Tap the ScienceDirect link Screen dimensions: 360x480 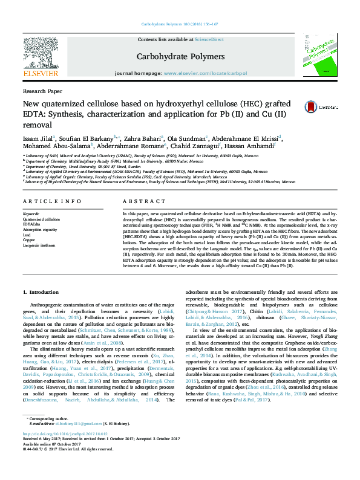[209, 39]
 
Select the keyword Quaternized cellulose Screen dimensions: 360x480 [41, 219]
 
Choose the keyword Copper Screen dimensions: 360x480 [30, 240]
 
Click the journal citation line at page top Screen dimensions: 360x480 [180, 24]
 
